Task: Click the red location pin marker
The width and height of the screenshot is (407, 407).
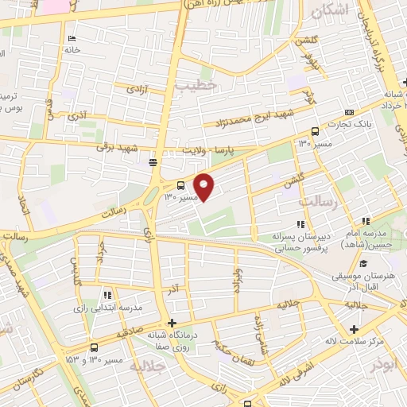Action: [x=205, y=187]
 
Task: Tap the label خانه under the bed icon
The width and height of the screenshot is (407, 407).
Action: [x=73, y=49]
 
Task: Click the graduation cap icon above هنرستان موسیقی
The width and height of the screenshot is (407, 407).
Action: [x=363, y=264]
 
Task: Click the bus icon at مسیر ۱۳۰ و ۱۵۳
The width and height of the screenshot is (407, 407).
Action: [x=95, y=347]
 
